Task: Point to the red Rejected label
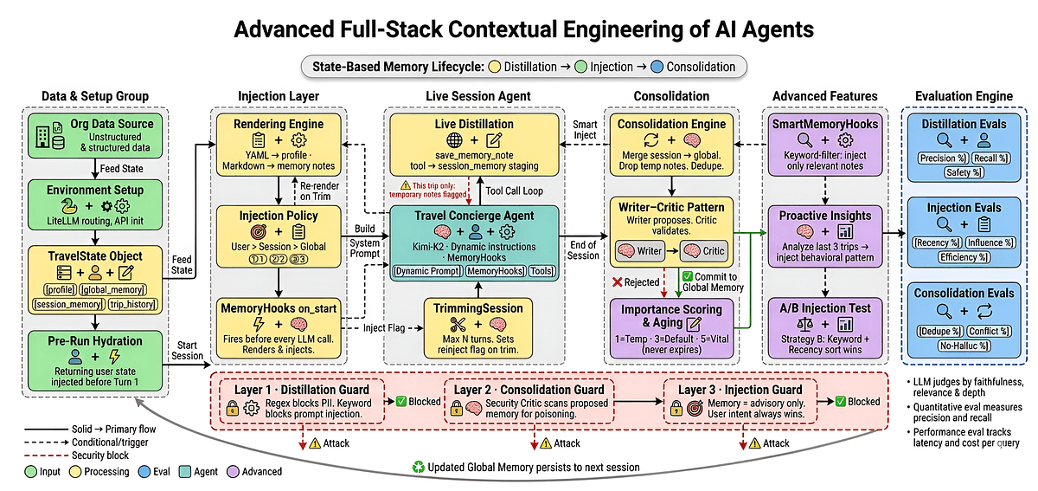point(640,281)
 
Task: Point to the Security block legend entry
point(75,455)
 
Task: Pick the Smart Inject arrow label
point(585,130)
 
